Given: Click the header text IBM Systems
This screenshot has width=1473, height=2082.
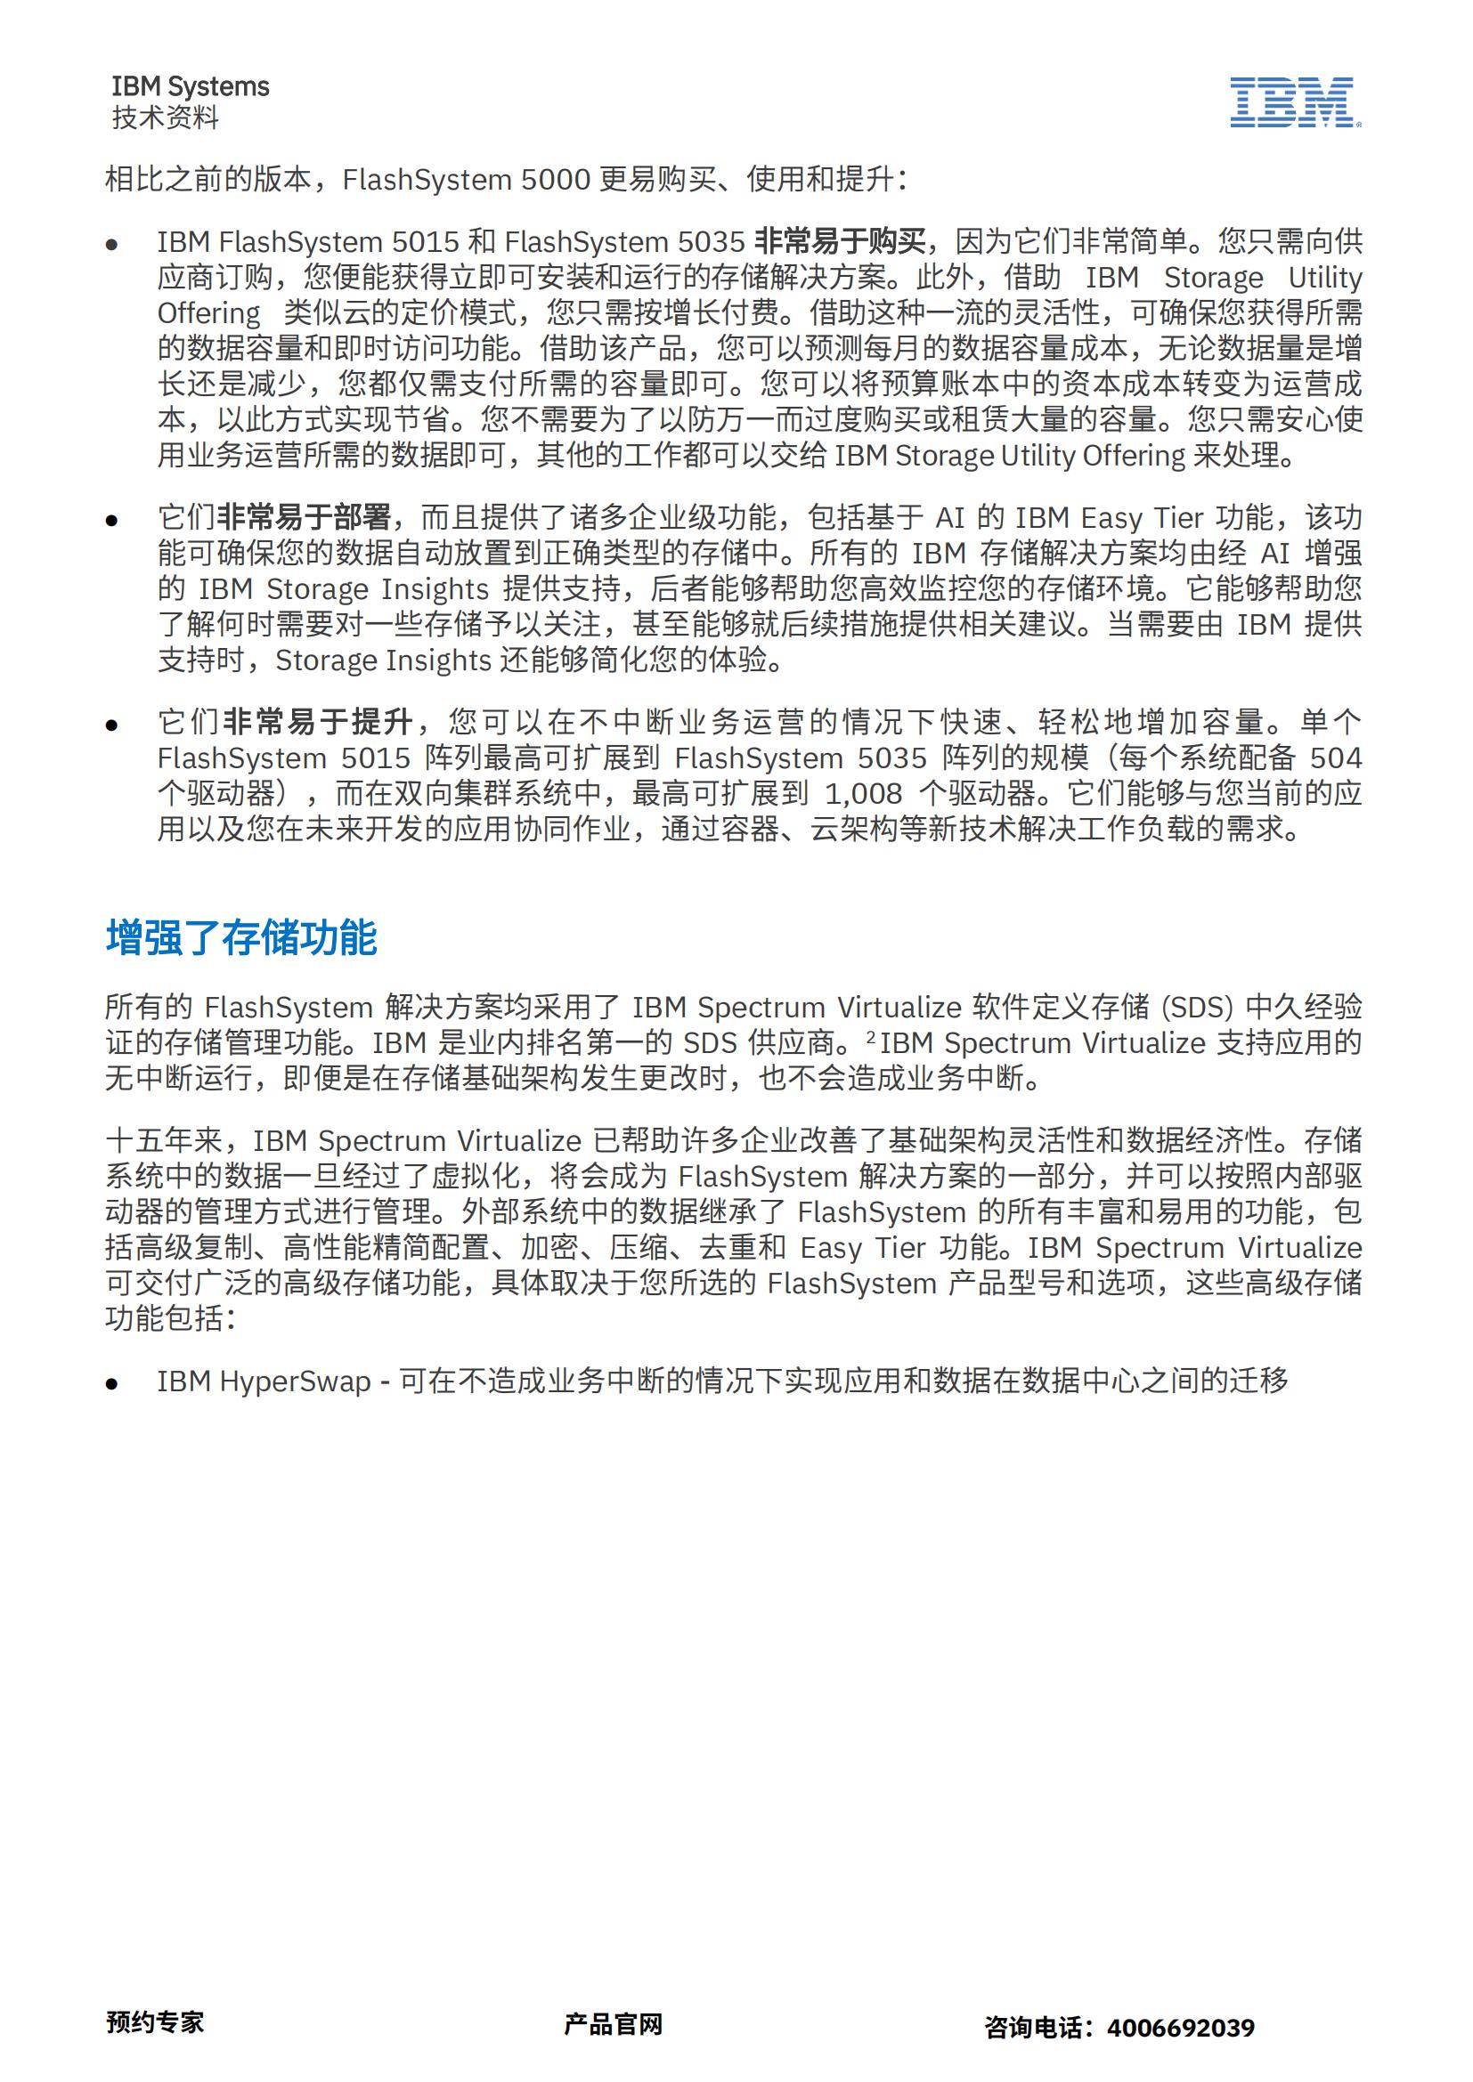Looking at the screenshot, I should [191, 87].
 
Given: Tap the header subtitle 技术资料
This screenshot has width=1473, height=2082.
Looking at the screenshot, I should [165, 117].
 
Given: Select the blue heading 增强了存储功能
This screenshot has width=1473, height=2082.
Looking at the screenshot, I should [241, 937].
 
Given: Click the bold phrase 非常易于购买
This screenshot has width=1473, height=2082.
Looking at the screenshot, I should [840, 242].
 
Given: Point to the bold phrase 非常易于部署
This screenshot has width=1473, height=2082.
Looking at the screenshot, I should [305, 518].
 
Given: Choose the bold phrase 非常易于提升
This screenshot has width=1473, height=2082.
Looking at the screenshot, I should [318, 722].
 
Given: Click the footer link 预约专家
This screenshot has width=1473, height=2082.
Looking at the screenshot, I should [155, 2021].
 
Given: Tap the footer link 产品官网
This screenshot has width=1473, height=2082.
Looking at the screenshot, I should [613, 2023].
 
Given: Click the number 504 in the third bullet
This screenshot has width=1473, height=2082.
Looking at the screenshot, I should [1336, 758].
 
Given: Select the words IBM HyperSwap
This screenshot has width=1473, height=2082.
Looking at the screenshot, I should [264, 1381].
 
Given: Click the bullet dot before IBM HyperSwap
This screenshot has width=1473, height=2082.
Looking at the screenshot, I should [112, 1384].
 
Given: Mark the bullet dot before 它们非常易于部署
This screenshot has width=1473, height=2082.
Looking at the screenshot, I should [112, 521].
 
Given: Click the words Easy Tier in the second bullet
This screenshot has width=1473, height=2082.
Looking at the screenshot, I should [1125, 518].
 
